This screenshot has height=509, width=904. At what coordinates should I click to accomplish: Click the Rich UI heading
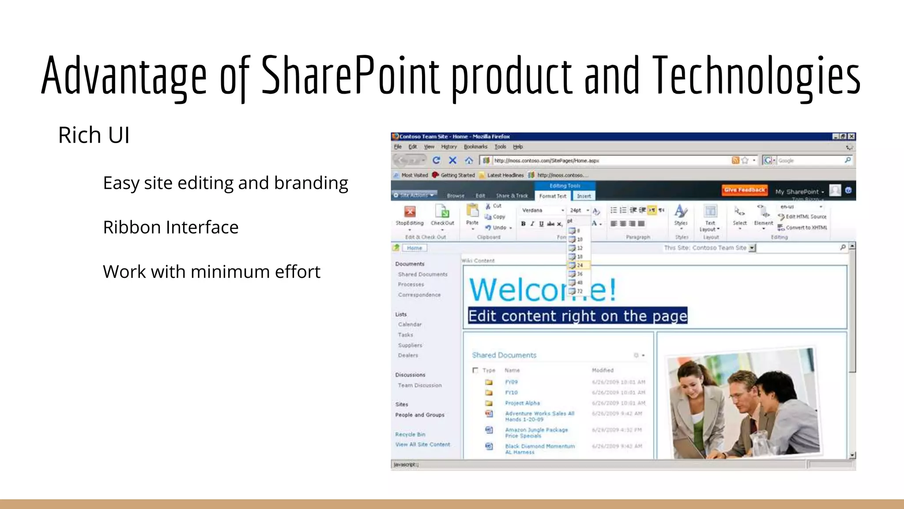(94, 135)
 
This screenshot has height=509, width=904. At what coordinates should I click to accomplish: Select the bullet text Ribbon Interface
(170, 227)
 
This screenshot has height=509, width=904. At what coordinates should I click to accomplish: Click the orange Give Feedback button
(744, 190)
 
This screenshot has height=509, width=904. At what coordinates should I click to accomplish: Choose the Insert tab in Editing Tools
(584, 196)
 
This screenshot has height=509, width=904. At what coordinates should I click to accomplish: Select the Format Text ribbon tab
(553, 196)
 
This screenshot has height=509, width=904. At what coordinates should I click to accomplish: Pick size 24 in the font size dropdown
(579, 265)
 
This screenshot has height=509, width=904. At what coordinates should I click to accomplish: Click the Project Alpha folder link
(522, 403)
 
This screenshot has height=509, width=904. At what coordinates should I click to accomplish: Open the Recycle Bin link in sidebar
(410, 434)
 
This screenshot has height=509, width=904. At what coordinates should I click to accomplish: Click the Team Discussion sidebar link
(419, 385)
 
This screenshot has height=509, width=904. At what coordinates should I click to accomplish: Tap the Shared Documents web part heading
(504, 355)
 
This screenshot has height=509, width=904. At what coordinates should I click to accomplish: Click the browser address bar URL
(546, 161)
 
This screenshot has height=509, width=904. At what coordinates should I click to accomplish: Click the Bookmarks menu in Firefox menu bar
(475, 147)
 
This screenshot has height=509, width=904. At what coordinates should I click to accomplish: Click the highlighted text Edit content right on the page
(577, 316)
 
